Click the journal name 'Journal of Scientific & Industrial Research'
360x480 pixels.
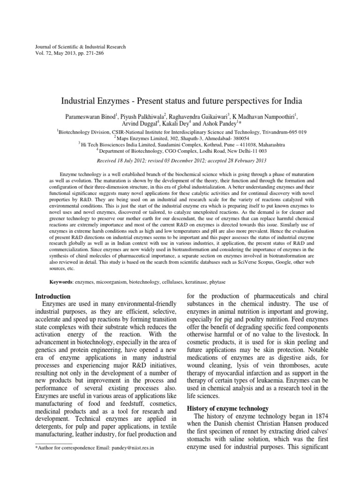tap(77, 47)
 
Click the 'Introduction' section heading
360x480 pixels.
tap(53, 297)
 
